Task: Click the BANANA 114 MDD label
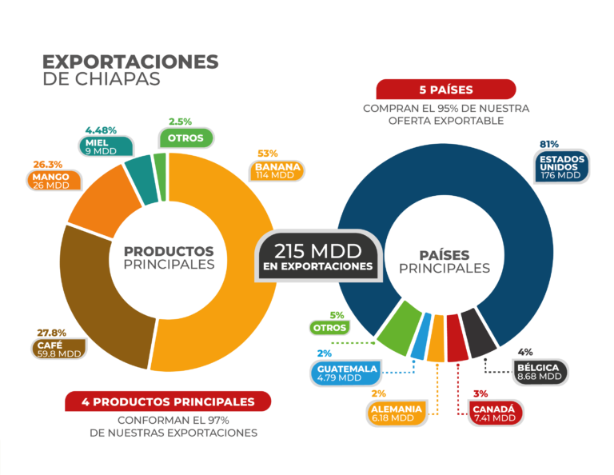[279, 170]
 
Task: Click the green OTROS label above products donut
[185, 138]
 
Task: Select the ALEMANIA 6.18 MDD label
[397, 413]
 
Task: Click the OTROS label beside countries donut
[330, 328]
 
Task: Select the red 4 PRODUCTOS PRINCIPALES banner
[168, 401]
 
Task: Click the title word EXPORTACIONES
[130, 62]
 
